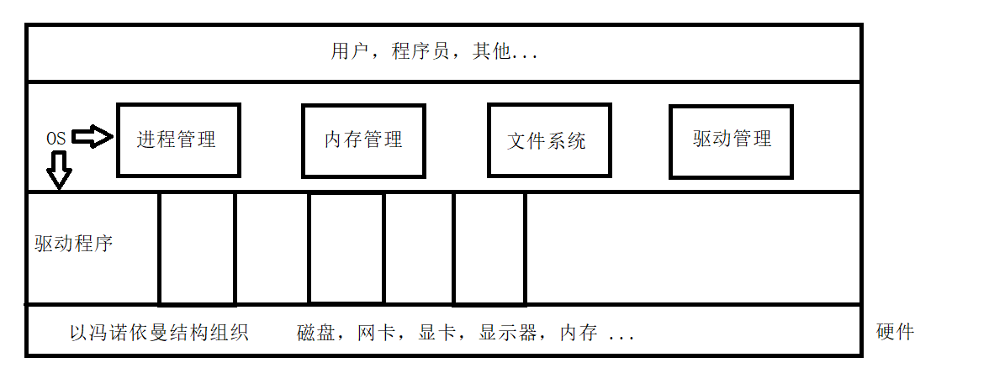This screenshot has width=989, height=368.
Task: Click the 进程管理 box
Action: point(178,140)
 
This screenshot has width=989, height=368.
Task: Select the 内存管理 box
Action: point(363,140)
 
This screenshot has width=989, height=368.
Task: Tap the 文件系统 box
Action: point(548,140)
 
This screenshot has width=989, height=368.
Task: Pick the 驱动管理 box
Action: point(732,140)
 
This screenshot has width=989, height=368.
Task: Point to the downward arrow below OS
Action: point(59,171)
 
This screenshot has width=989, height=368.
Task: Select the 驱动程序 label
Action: point(74,244)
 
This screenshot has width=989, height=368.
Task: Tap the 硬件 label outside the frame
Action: point(895,332)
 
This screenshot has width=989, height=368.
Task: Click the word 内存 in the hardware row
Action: point(579,334)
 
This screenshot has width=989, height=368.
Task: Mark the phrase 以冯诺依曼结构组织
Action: point(159,333)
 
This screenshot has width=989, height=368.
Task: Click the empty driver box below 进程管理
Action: point(197,248)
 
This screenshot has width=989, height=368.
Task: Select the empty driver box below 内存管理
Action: point(346,248)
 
